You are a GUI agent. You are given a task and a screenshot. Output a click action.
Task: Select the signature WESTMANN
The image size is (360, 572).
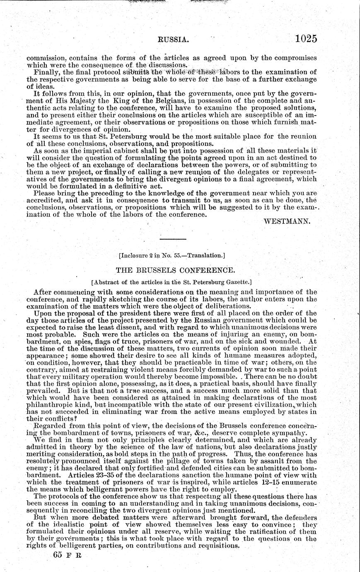coord(287,221)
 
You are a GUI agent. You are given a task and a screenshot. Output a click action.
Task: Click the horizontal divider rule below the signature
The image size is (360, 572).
coord(168,240)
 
